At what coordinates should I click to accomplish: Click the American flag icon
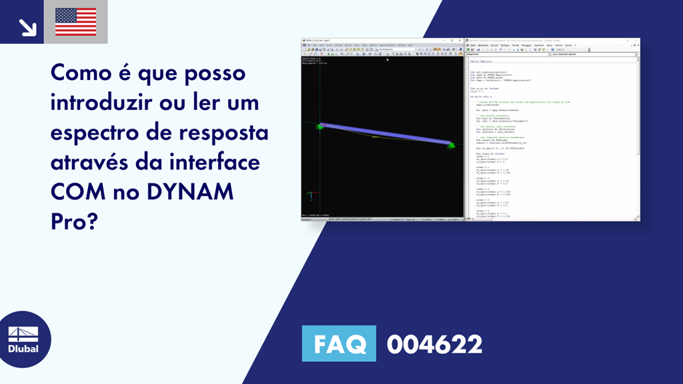(x=75, y=22)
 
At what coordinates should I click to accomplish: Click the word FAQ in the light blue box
(x=339, y=345)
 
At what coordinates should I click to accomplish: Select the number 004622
(x=434, y=345)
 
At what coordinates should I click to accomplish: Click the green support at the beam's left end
(x=320, y=126)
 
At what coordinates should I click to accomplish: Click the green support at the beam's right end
(x=452, y=145)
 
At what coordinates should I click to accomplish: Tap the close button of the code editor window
(x=638, y=40)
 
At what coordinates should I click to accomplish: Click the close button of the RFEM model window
(x=460, y=40)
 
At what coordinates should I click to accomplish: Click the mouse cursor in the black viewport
(x=388, y=60)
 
